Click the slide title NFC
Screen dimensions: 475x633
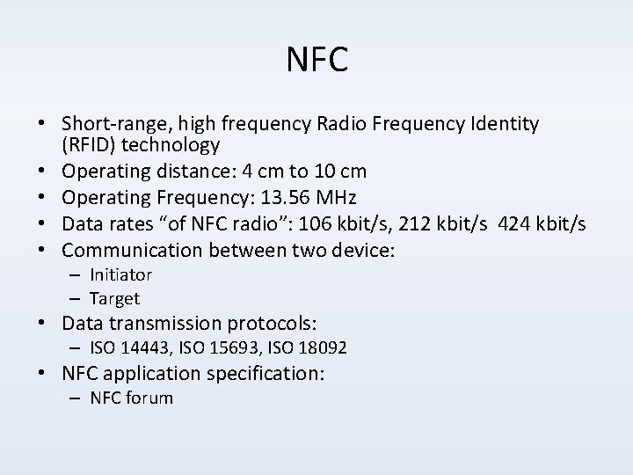click(x=317, y=60)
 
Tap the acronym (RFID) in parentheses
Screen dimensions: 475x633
click(x=90, y=144)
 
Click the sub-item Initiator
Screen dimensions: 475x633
click(x=121, y=275)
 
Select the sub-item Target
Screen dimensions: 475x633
click(x=115, y=299)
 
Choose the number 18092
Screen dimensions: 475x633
click(x=323, y=349)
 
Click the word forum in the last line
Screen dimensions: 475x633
click(x=150, y=398)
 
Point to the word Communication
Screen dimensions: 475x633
click(x=123, y=251)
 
